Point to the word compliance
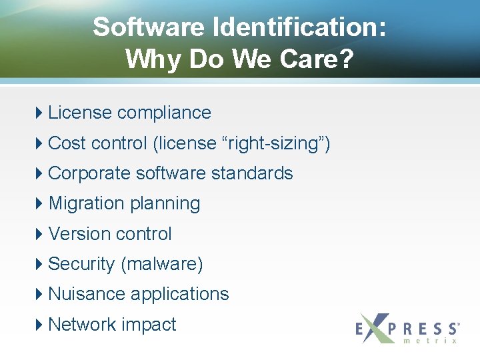164,113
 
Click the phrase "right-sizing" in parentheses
274,143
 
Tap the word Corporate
89,173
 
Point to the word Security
81,264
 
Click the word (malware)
161,264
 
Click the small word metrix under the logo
430,341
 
